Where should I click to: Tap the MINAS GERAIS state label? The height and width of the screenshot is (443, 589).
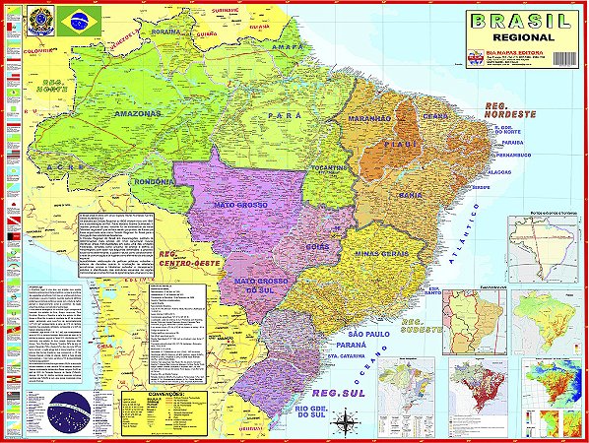(383, 253)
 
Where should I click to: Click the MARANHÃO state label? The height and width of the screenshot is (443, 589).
(369, 119)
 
